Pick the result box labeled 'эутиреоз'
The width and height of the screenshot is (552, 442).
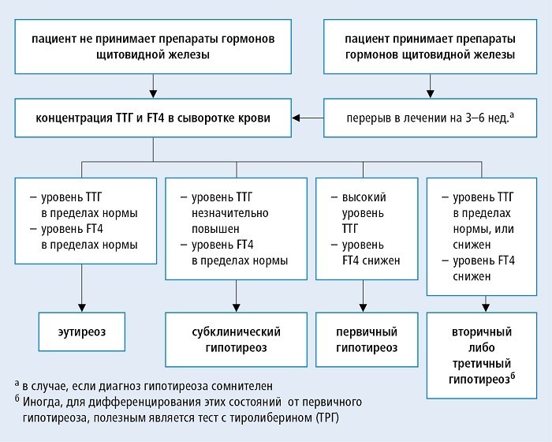click(81, 333)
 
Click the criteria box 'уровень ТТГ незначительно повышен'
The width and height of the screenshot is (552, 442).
click(235, 229)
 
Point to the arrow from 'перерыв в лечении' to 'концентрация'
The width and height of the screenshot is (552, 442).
click(317, 118)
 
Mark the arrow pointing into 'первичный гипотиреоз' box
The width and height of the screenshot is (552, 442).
click(361, 302)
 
